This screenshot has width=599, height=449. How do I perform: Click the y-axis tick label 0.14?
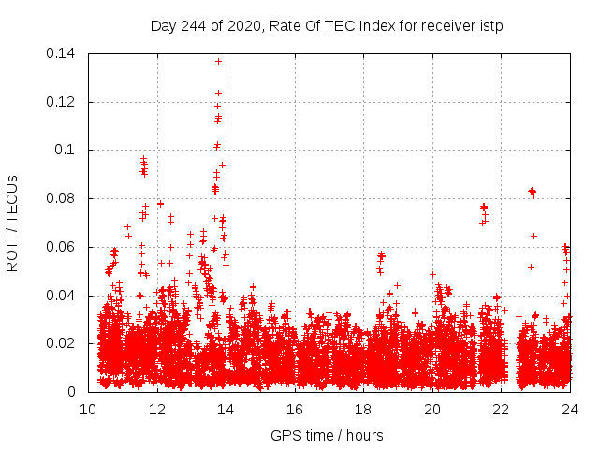point(62,53)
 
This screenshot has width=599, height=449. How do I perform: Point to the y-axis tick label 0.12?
point(62,102)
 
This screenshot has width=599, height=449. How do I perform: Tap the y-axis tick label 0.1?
point(66,151)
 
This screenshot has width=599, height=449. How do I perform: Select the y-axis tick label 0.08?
point(62,199)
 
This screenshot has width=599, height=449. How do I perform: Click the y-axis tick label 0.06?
point(62,248)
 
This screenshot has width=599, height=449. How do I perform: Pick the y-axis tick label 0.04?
point(62,297)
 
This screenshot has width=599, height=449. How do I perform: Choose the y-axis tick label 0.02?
point(62,344)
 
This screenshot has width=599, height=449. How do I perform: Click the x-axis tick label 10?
point(88,409)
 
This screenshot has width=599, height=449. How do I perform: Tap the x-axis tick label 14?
point(226,409)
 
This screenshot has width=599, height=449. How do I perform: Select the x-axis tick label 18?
point(363,409)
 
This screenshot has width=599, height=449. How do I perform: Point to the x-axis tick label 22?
point(501,409)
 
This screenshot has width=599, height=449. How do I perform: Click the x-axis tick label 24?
point(569,409)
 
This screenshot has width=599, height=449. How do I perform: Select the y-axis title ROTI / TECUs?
point(12,223)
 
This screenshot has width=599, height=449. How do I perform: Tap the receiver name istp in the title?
point(489,25)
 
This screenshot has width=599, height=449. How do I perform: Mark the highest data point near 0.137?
point(218,61)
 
